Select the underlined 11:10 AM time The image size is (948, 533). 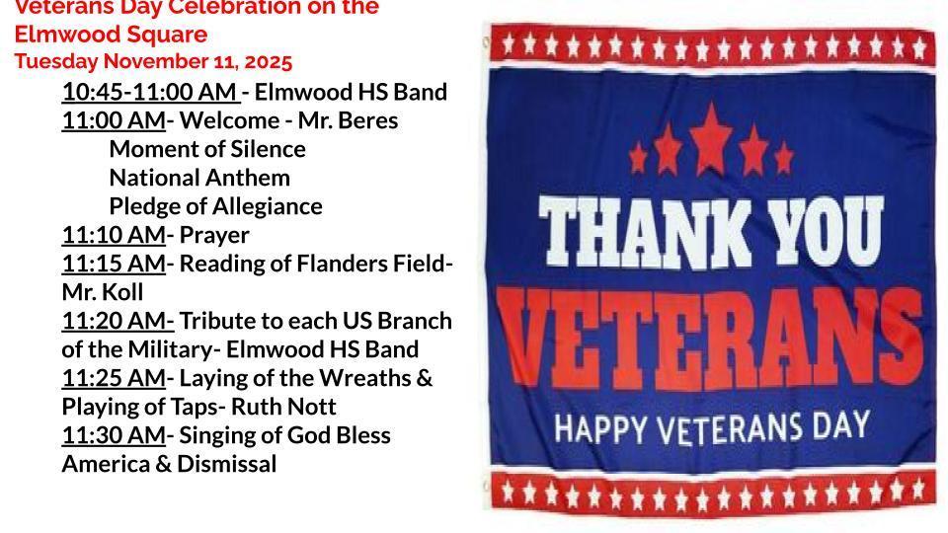click(x=114, y=235)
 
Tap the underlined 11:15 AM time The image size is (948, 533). click(x=114, y=264)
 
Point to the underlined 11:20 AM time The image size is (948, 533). click(x=117, y=321)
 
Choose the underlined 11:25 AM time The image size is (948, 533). click(x=114, y=378)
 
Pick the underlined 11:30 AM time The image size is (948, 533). click(x=114, y=435)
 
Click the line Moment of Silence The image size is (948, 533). click(x=207, y=150)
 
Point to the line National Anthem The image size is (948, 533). click(x=199, y=179)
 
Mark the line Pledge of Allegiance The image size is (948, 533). click(x=215, y=207)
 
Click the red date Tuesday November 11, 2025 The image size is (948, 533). click(x=153, y=62)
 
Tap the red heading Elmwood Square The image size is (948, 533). click(x=111, y=36)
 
